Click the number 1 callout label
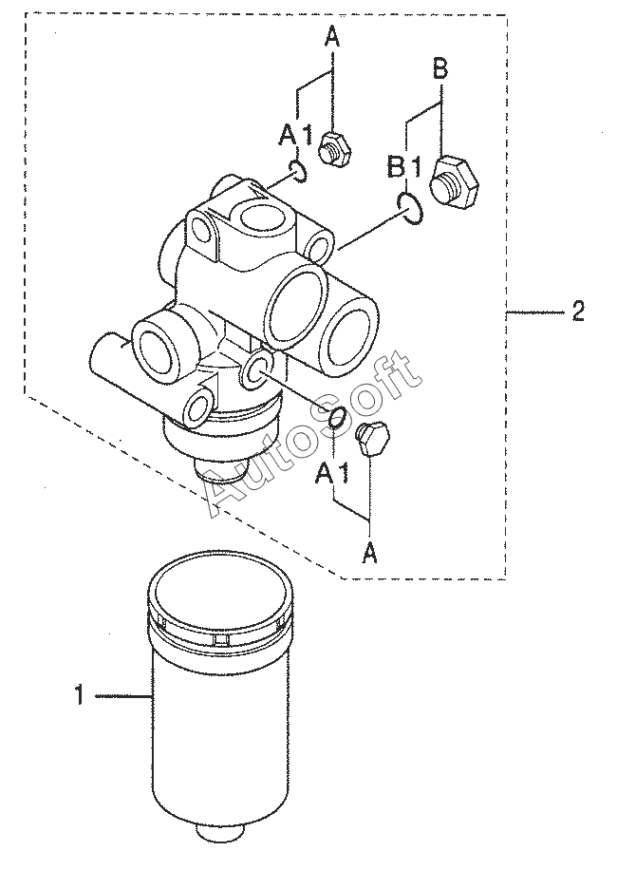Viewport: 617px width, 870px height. [x=80, y=694]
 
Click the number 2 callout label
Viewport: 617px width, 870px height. [x=577, y=312]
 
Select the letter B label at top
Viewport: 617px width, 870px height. [x=440, y=70]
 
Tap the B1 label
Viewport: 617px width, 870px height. [x=405, y=167]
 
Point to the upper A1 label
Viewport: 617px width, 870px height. [x=295, y=136]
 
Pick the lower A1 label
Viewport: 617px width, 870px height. [x=332, y=473]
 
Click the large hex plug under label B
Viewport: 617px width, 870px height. [x=454, y=181]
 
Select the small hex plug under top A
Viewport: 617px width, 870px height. [x=334, y=149]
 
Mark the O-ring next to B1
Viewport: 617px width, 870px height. [x=410, y=207]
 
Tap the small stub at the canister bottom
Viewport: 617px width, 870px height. [x=220, y=832]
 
